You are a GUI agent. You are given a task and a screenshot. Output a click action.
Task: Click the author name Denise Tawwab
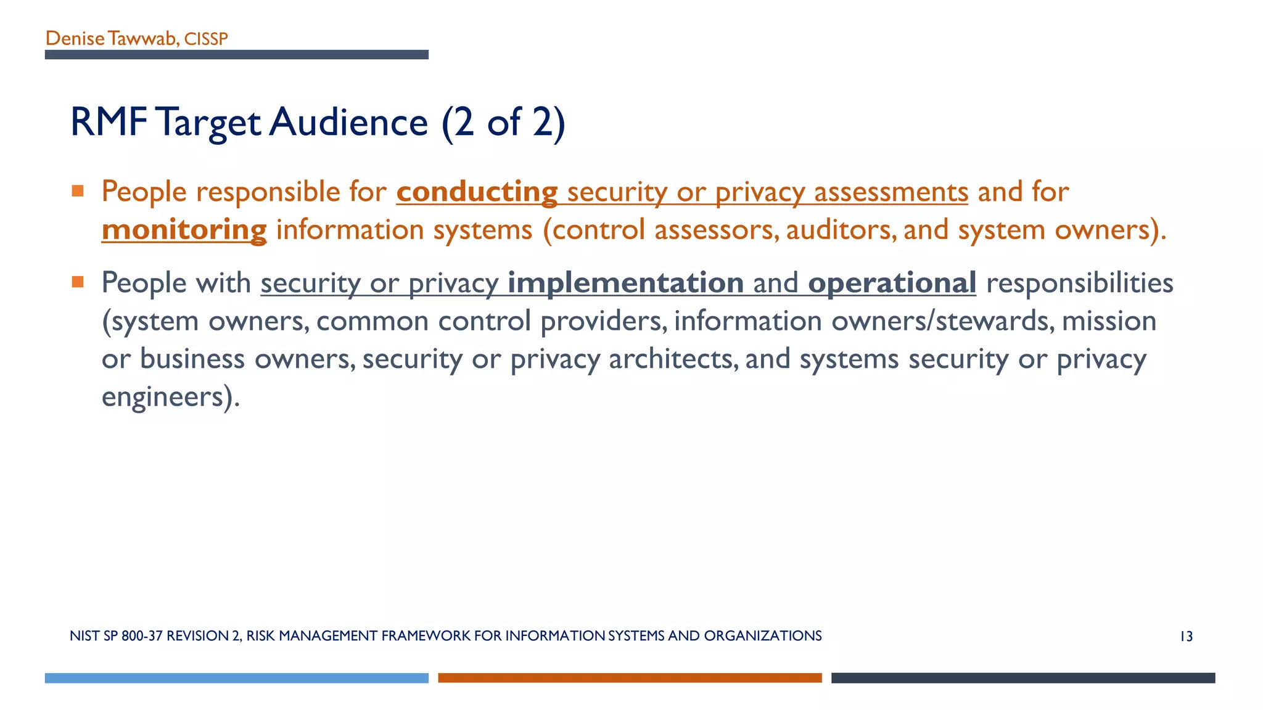[x=112, y=39]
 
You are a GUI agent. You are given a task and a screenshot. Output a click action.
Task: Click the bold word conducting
[x=477, y=192]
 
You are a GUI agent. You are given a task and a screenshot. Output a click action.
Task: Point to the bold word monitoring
[x=184, y=230]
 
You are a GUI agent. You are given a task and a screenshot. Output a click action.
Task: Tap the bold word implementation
[x=625, y=283]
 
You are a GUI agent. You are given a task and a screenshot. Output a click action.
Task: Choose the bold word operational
[x=892, y=283]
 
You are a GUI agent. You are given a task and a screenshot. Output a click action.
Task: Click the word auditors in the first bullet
[x=840, y=230]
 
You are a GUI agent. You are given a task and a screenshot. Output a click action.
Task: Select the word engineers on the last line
[x=162, y=396]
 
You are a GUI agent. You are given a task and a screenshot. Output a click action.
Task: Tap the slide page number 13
[x=1186, y=637]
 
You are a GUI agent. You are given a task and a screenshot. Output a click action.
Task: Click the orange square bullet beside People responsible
[x=78, y=191]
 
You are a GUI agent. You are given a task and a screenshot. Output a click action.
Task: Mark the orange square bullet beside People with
[x=78, y=282]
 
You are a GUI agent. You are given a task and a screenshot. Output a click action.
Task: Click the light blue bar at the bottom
[x=236, y=678]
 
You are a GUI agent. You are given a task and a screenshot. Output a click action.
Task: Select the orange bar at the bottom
[x=630, y=678]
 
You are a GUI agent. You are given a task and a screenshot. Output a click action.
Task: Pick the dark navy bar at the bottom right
[x=1023, y=678]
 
